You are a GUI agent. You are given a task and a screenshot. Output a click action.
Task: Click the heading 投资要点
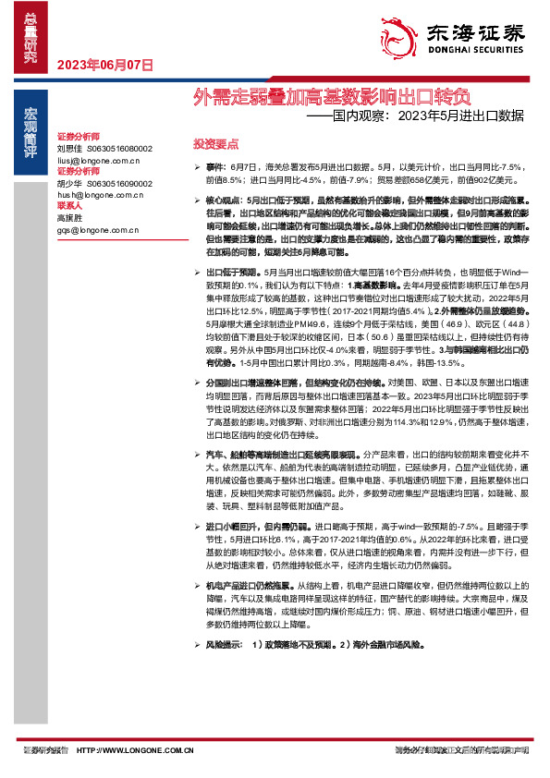pyautogui.click(x=217, y=144)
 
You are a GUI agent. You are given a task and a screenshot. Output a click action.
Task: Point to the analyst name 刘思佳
pyautogui.click(x=69, y=148)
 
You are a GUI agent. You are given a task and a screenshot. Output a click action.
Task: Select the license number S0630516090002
pyautogui.click(x=119, y=183)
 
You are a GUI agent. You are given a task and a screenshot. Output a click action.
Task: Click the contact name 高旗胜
pyautogui.click(x=69, y=217)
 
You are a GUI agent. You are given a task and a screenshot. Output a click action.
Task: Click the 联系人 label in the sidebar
pyautogui.click(x=71, y=206)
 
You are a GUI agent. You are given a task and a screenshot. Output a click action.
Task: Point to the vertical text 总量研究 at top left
pyautogui.click(x=31, y=37)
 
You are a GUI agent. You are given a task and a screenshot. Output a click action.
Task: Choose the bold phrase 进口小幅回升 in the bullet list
pyautogui.click(x=235, y=525)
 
